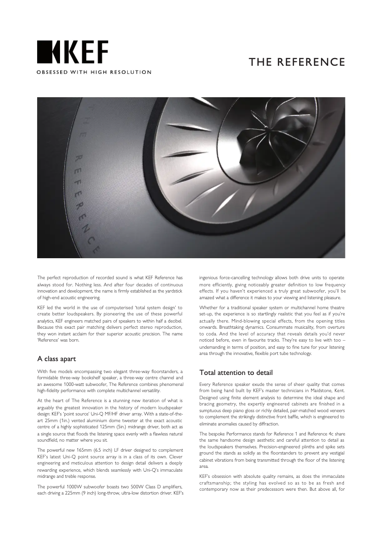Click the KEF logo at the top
click(x=73, y=52)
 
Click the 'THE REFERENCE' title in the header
click(x=297, y=62)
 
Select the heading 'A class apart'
click(x=57, y=358)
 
